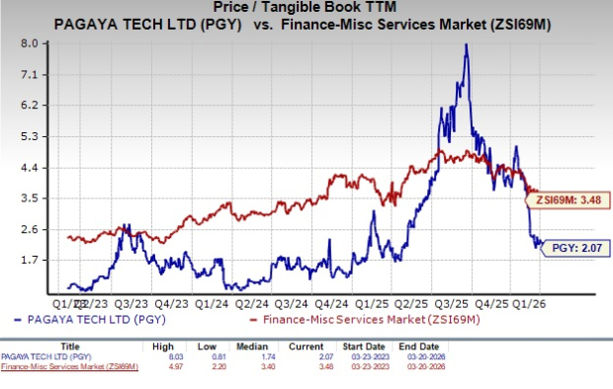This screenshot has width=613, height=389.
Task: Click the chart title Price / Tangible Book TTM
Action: (306, 8)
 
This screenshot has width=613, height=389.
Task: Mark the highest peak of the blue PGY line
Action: (466, 44)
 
